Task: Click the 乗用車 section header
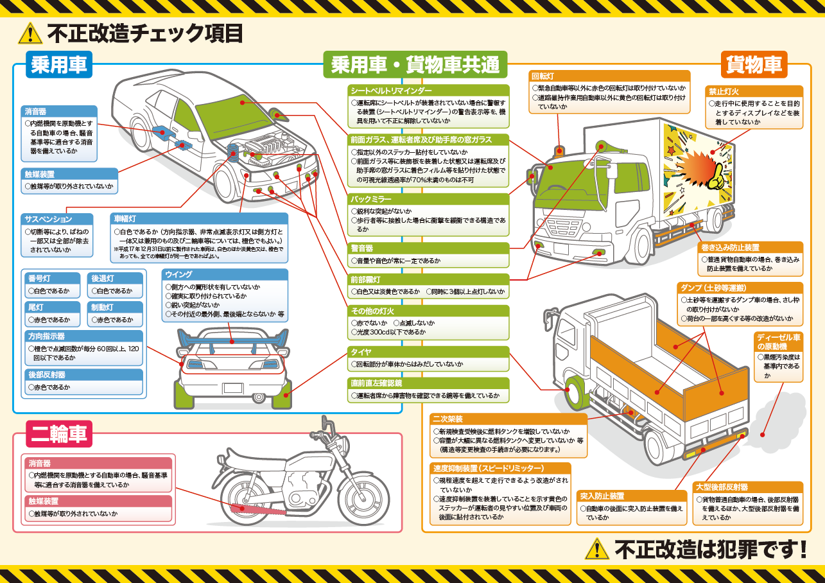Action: point(59,64)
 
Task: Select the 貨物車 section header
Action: point(754,64)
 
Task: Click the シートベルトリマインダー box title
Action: point(391,91)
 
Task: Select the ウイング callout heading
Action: point(179,274)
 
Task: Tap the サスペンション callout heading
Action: point(48,219)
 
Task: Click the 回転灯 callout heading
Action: point(543,76)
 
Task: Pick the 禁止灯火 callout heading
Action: point(724,91)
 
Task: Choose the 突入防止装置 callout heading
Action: point(602,496)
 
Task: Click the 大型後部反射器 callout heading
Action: point(722,487)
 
